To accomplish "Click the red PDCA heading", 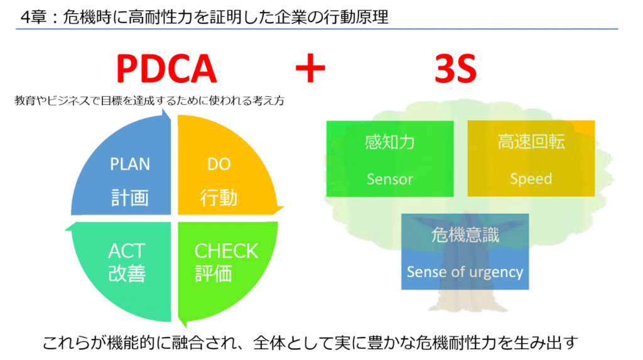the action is coord(166,69).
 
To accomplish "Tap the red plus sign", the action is coord(310,68).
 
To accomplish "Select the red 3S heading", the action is coord(455,69).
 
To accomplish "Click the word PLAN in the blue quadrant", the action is coord(130,164).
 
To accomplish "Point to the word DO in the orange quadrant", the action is coord(219,164).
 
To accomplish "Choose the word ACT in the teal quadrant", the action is coord(127,251).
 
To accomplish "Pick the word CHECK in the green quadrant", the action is coord(226,251).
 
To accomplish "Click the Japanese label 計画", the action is coord(130,197).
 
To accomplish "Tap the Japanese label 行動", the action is coord(219,197).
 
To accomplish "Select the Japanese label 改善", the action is coord(127,273).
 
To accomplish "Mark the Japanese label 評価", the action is coord(213,273).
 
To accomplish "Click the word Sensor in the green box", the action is coord(389,179).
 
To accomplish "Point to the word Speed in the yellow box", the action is coord(531,179).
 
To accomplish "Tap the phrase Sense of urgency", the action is coord(465,272).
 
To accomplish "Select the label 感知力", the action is coord(389,142).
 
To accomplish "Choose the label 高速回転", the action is coord(531,141).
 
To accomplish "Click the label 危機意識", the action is coord(465,235).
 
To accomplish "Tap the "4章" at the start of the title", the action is coord(33,17).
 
